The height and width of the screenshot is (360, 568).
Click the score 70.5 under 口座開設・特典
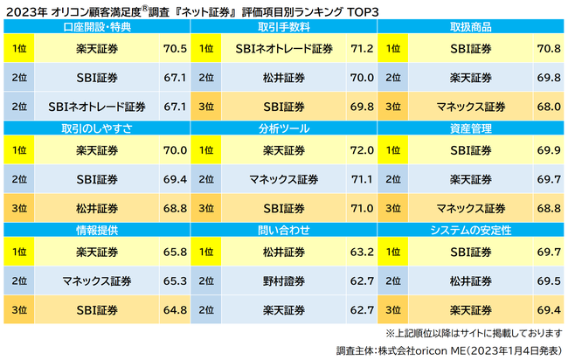pos(175,49)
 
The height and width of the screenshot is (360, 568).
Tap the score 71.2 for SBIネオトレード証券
pos(361,49)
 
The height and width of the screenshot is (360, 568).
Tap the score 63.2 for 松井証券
pos(361,253)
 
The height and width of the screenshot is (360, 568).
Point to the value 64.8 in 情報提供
pos(175,309)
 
